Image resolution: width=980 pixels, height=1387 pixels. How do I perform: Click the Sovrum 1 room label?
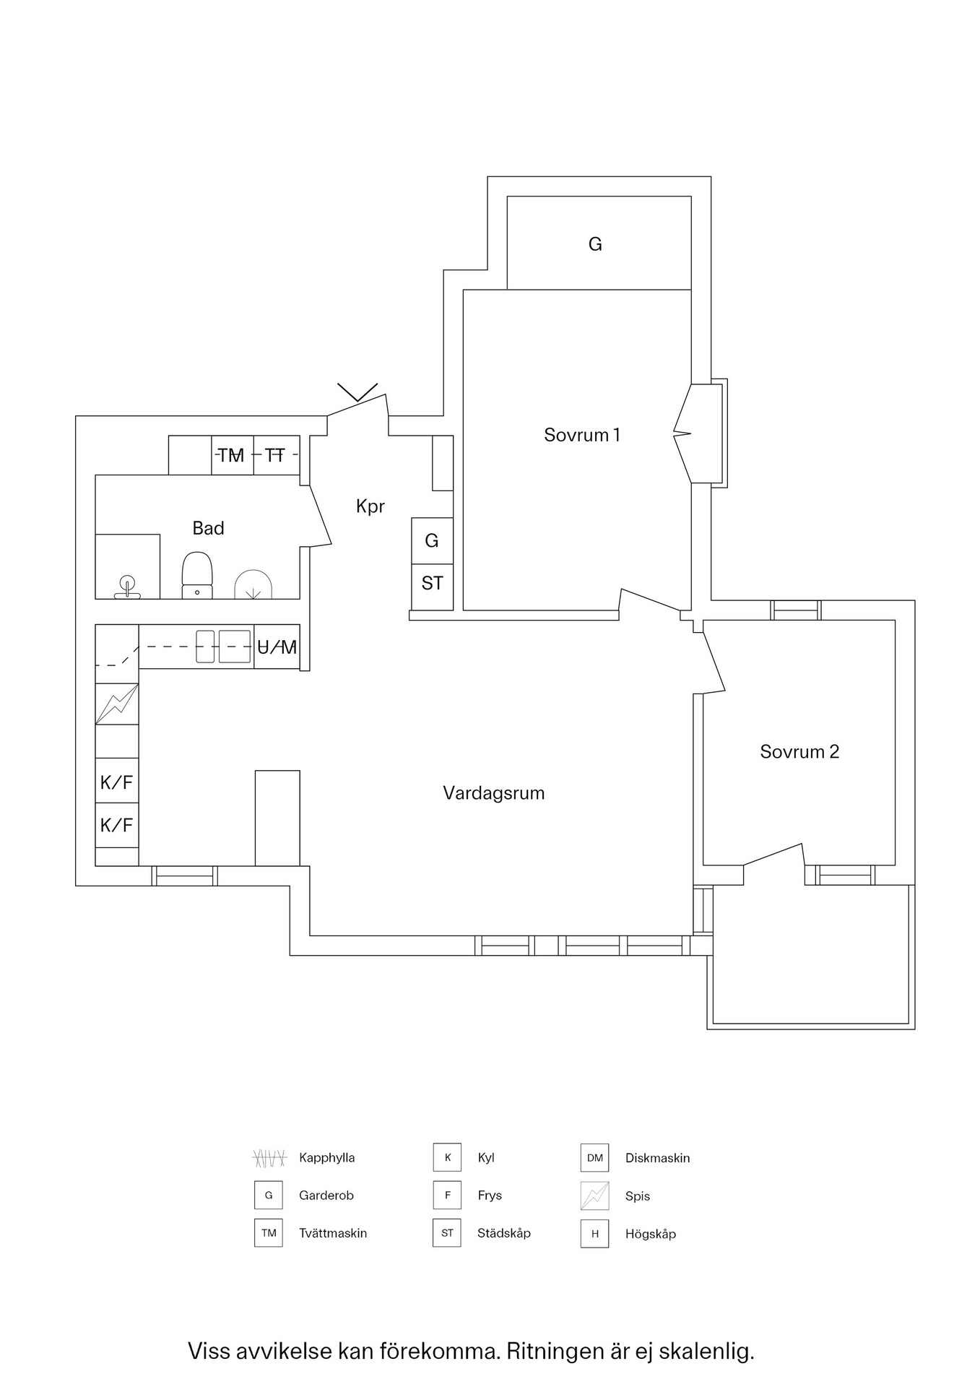coord(581,435)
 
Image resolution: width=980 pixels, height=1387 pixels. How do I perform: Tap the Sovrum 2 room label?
coord(799,752)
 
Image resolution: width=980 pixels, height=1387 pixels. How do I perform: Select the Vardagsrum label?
coord(494,794)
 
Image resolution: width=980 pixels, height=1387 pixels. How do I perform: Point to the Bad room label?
coord(208,529)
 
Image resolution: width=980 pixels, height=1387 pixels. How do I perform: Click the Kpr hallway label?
coord(370,507)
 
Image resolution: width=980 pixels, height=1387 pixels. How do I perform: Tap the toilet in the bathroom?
coord(197,576)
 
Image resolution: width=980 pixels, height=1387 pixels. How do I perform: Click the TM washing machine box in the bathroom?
coord(233,455)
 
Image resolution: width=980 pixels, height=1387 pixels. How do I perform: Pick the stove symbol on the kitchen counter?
coord(117,704)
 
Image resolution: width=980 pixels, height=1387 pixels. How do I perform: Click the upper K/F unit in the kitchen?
coord(117,781)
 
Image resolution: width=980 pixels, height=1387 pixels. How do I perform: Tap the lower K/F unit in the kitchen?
coord(117,824)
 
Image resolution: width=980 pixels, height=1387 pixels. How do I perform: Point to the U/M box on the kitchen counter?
coord(277,647)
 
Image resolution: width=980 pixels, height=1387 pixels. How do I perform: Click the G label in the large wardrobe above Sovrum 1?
coord(595,244)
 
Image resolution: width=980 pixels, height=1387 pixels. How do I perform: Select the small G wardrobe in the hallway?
coord(432,541)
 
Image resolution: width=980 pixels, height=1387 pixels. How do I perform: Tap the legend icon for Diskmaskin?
coord(594,1158)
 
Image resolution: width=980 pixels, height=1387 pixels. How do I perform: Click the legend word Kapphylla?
coord(327,1158)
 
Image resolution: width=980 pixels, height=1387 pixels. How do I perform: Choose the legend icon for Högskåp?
coord(594,1234)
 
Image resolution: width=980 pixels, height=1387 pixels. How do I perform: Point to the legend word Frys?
coord(490,1196)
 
